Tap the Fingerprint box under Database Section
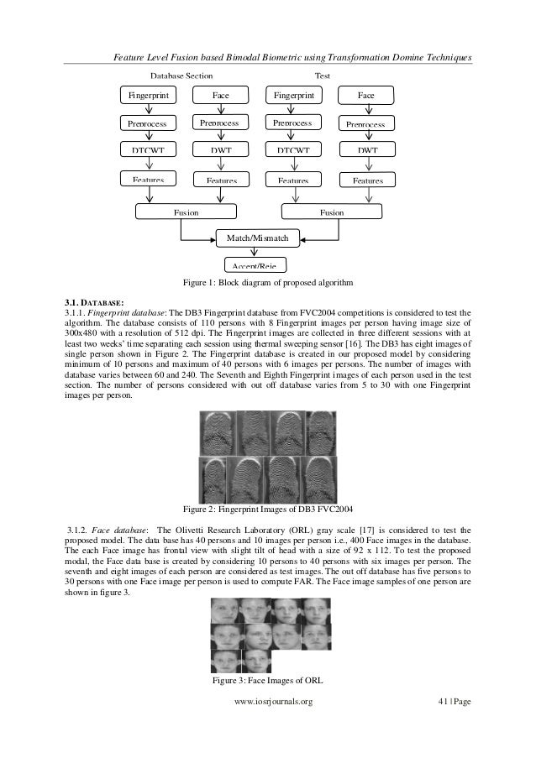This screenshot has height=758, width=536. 148,96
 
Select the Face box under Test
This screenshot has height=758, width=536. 365,96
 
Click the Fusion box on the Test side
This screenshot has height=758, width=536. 332,212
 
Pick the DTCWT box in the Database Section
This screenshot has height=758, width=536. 148,151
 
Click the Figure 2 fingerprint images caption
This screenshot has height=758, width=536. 267,509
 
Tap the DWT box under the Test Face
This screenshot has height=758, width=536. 365,151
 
